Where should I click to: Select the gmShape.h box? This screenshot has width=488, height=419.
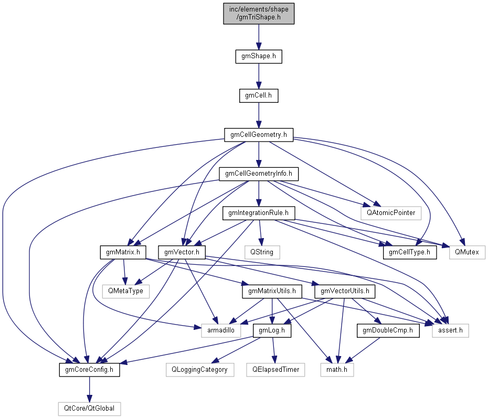click(x=258, y=56)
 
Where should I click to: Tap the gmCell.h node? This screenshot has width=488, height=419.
click(x=258, y=95)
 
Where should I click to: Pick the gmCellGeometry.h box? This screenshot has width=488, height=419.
click(x=258, y=135)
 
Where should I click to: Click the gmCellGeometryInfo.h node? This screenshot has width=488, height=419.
click(x=258, y=174)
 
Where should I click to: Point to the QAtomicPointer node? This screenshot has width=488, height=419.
click(x=390, y=213)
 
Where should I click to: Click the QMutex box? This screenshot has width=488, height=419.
click(x=467, y=252)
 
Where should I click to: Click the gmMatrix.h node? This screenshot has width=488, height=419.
click(x=123, y=252)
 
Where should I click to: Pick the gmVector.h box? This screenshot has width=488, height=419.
click(x=182, y=252)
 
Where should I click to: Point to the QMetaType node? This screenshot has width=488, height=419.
click(x=126, y=291)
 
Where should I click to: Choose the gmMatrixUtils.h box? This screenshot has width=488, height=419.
click(x=272, y=291)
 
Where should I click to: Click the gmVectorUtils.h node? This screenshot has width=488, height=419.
click(x=344, y=291)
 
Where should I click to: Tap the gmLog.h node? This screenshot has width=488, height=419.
click(x=272, y=330)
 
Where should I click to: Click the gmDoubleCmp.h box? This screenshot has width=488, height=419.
click(x=388, y=330)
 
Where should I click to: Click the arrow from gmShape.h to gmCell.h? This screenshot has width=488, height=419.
click(x=258, y=76)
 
